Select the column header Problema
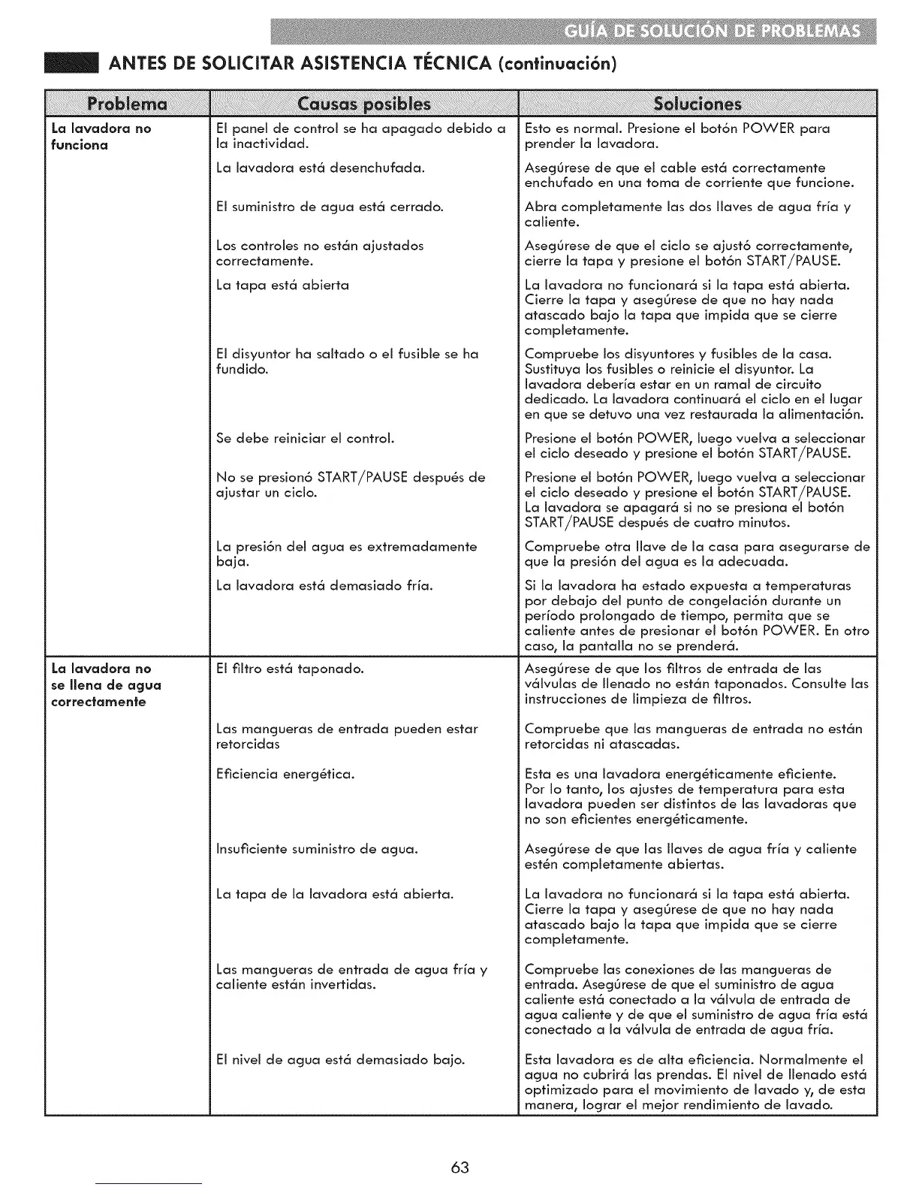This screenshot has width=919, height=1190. (x=126, y=103)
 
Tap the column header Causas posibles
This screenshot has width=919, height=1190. (x=364, y=103)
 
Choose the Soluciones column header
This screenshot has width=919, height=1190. (x=698, y=103)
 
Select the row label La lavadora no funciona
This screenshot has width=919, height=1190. (x=101, y=136)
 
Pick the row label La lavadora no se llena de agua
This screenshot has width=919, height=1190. (x=105, y=684)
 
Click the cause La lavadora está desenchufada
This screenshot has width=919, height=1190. (x=321, y=168)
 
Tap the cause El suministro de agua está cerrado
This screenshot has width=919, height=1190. (x=330, y=207)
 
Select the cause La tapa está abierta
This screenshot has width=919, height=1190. (x=282, y=285)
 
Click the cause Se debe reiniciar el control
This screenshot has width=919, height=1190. (x=305, y=438)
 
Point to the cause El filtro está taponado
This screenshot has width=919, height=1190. (x=290, y=668)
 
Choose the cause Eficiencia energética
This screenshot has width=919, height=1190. (x=285, y=773)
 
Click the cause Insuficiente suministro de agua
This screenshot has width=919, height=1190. (x=317, y=849)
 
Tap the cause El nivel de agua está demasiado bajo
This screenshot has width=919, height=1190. (x=340, y=1059)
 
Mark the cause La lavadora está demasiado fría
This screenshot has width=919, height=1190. (x=324, y=585)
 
